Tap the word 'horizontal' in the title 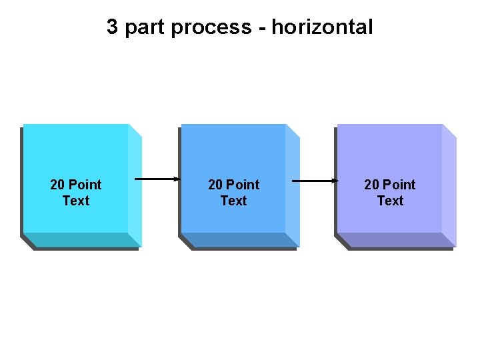click(x=322, y=27)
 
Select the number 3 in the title click(x=113, y=27)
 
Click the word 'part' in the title click(x=147, y=28)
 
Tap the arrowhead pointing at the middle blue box click(x=177, y=179)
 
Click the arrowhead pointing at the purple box click(x=335, y=180)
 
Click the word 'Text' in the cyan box click(x=76, y=201)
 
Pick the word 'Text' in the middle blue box click(x=233, y=201)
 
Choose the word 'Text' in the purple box click(x=390, y=201)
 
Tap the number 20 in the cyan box click(x=57, y=185)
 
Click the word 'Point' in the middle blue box click(x=242, y=185)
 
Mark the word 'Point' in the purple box click(x=399, y=185)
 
